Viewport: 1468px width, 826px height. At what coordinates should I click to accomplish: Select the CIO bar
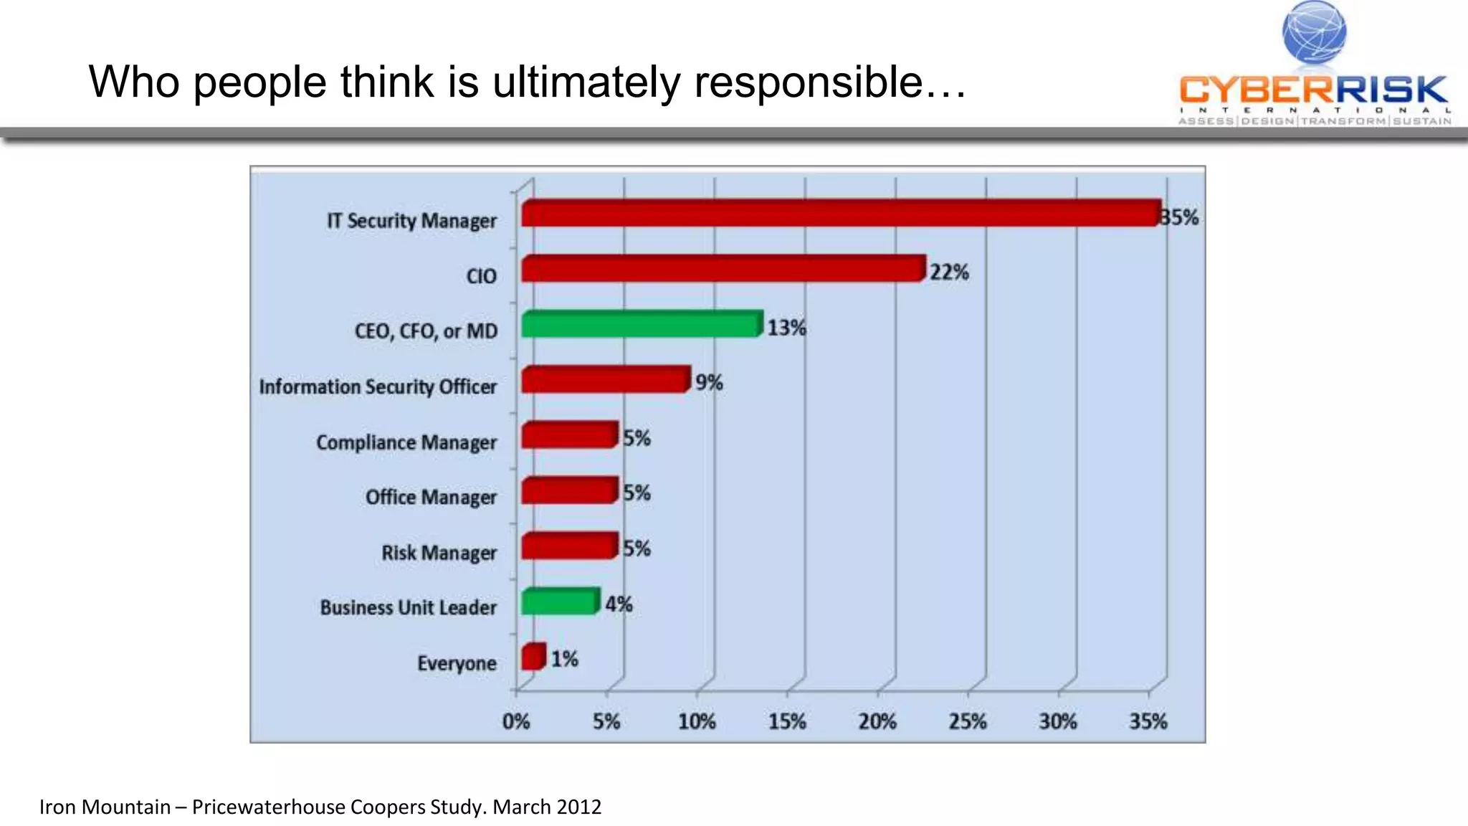[x=723, y=269]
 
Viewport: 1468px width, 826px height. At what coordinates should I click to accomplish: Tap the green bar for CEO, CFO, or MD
[x=641, y=324]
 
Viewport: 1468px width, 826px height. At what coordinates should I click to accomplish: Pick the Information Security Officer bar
[x=606, y=379]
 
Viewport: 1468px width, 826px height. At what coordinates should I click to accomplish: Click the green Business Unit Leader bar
[x=560, y=602]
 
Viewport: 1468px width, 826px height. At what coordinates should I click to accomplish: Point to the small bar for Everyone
[x=533, y=657]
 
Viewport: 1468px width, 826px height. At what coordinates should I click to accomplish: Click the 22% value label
[x=949, y=272]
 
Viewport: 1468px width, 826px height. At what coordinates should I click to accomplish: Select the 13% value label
[x=786, y=328]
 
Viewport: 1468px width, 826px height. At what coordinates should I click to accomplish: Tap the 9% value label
[x=709, y=383]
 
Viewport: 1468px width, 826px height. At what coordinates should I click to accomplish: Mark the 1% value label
[x=564, y=659]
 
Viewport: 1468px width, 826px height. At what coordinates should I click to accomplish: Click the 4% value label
[x=619, y=604]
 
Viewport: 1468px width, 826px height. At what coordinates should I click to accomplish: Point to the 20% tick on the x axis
[x=877, y=721]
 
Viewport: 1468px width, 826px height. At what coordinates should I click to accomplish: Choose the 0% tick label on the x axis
[x=516, y=721]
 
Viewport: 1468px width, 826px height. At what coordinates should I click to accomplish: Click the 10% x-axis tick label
[x=697, y=721]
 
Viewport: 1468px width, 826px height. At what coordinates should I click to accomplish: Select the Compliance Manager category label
[x=406, y=442]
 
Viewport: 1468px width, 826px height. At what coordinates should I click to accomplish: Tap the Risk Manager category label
[x=439, y=553]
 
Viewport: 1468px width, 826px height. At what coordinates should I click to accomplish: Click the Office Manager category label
[x=431, y=497]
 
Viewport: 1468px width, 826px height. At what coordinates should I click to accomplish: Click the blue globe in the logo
[x=1314, y=33]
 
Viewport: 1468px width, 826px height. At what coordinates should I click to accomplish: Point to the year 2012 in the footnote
[x=578, y=807]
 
